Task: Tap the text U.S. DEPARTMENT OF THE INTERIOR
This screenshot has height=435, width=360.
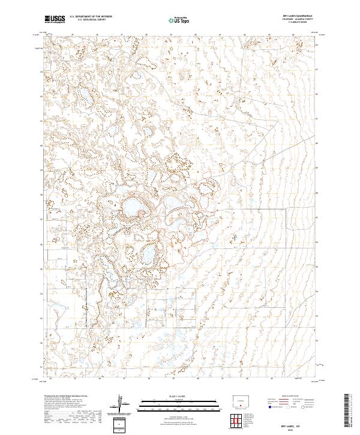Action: click(x=91, y=17)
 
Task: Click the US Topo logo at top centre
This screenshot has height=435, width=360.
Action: click(x=179, y=20)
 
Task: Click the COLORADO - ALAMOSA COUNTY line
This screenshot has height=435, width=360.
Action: click(x=304, y=20)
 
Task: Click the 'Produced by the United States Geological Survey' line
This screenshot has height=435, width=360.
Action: click(x=67, y=397)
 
